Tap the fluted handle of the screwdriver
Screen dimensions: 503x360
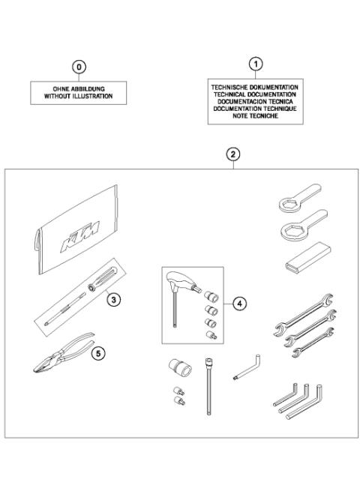click(106, 274)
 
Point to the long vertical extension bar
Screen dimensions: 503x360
click(207, 390)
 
